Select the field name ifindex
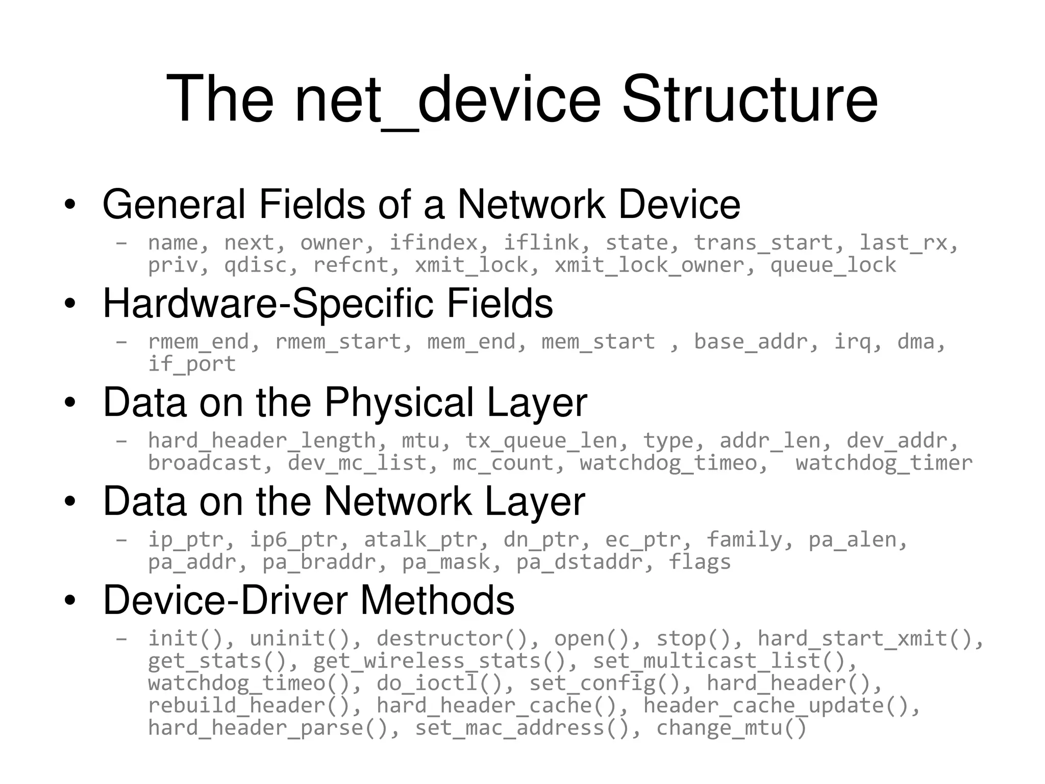click(434, 242)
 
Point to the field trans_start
click(763, 242)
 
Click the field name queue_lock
click(833, 265)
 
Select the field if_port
click(192, 364)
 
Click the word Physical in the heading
click(399, 402)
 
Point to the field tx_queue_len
click(541, 440)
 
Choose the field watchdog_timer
click(884, 463)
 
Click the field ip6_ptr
click(294, 540)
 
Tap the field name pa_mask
click(446, 562)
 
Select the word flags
click(700, 562)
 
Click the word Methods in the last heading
click(437, 600)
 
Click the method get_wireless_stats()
click(439, 661)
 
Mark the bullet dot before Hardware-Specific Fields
click(70, 304)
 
